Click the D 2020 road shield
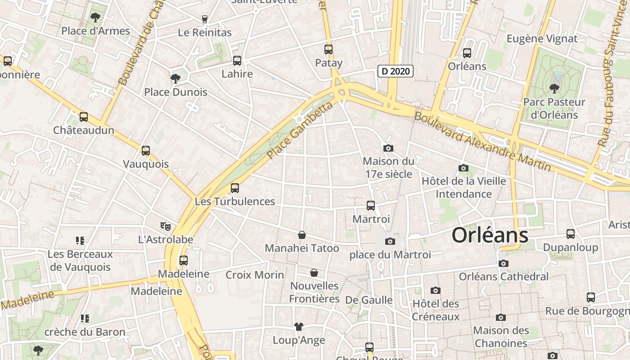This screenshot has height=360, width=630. (395, 71)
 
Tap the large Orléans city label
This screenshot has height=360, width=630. (490, 235)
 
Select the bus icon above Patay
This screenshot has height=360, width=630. (328, 49)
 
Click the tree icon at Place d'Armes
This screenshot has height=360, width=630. (95, 18)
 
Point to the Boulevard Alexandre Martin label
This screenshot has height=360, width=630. (482, 141)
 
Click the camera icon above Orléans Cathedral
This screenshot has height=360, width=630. (504, 263)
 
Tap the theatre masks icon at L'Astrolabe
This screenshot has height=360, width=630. (166, 226)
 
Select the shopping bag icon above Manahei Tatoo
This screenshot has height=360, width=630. (302, 235)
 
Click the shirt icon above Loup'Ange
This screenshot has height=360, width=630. (299, 327)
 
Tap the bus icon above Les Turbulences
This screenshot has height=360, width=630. (234, 188)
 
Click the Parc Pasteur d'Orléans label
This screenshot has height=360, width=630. (554, 108)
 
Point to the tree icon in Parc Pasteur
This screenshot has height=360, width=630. (554, 88)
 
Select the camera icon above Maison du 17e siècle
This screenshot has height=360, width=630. (388, 148)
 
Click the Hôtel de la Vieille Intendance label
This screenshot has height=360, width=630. (463, 188)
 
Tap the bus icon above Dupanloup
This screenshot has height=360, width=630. (570, 234)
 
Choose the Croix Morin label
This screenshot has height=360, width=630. (255, 275)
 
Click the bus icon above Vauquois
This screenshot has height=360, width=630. (145, 151)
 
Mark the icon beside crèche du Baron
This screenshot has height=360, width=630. (85, 319)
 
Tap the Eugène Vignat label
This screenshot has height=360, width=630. (542, 39)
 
